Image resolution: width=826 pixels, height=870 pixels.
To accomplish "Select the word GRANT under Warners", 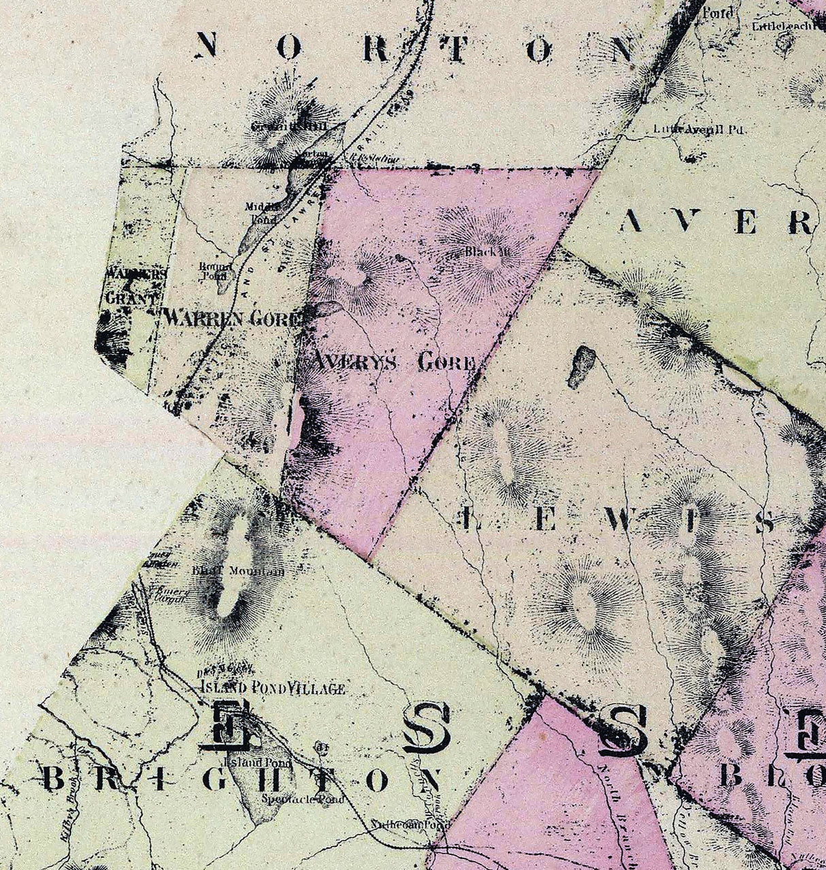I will click(131, 298).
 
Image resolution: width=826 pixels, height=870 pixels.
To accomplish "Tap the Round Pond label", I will click(215, 271).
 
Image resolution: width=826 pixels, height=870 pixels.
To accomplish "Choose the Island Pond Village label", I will click(273, 688).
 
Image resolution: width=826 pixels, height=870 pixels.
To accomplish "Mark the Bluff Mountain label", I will click(237, 570).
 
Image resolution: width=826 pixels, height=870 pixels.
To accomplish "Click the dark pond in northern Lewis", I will click(582, 366).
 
